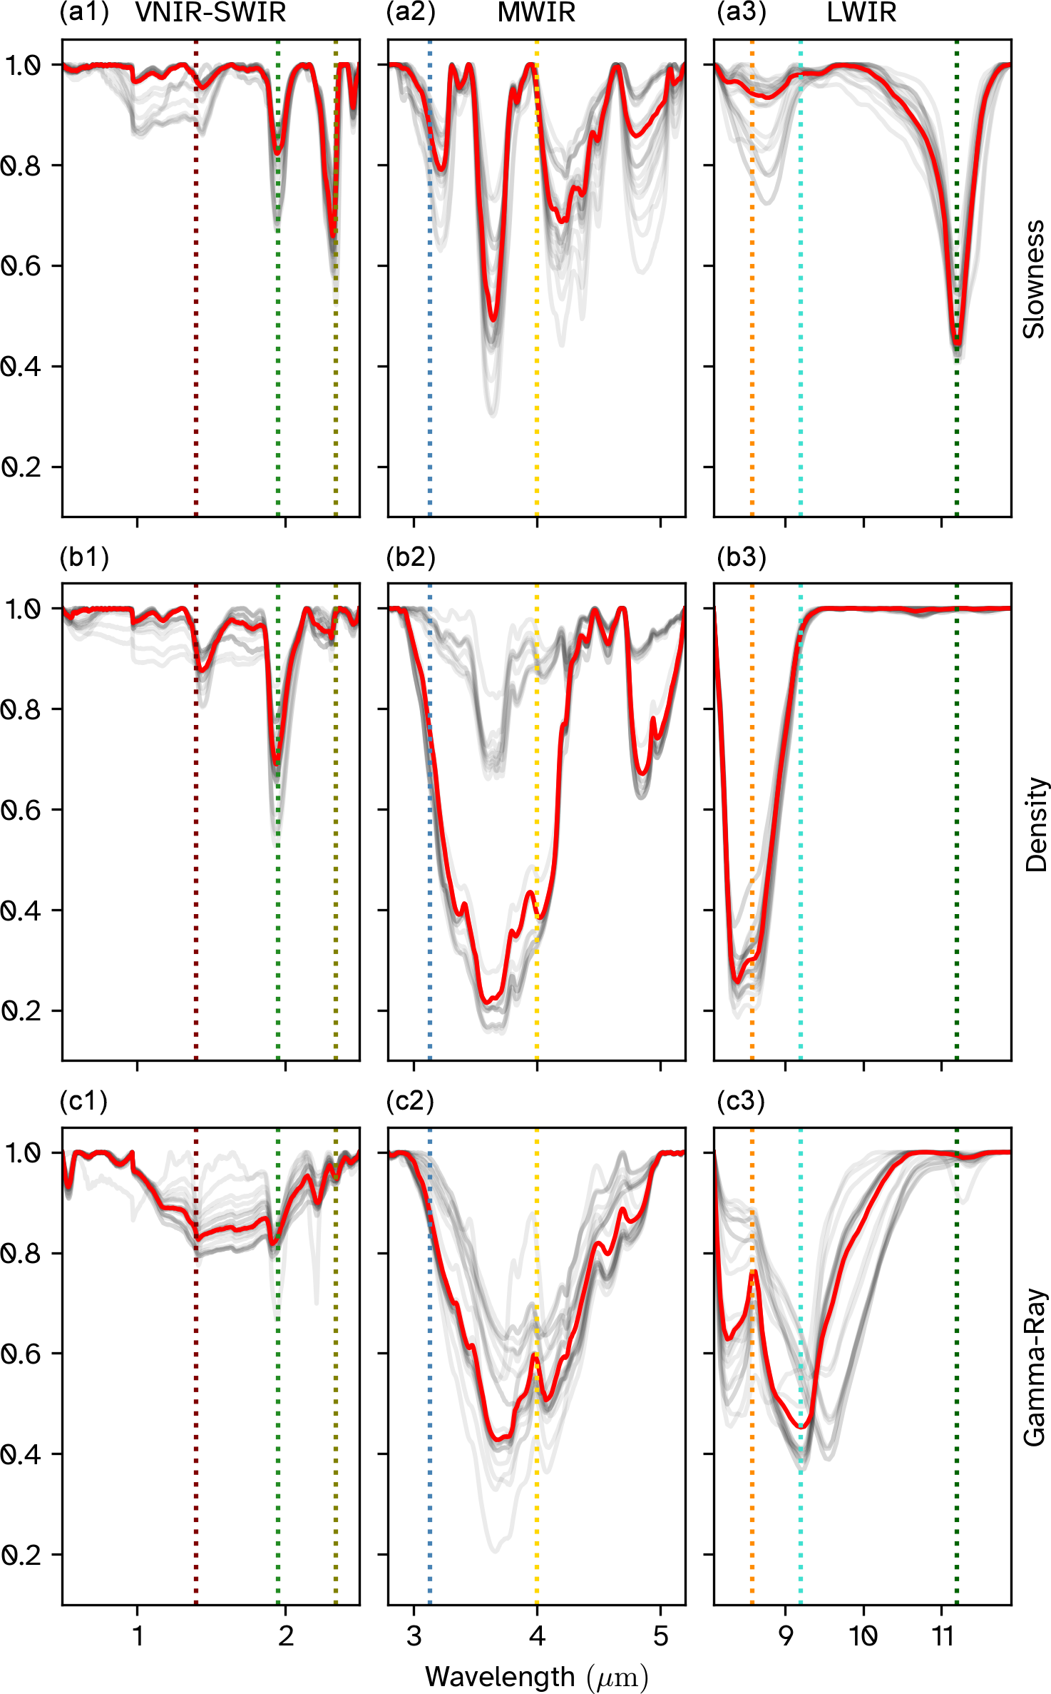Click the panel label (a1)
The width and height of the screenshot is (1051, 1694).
tap(84, 13)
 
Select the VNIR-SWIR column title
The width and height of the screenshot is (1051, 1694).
tap(210, 13)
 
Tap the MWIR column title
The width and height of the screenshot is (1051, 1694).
tap(536, 13)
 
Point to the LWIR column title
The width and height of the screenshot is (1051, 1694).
tap(861, 13)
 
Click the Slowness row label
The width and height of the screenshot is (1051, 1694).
tap(1034, 279)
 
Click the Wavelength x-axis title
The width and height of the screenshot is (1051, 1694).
tap(536, 1677)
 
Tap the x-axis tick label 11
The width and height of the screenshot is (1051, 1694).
tap(943, 1635)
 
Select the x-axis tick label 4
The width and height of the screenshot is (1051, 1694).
tap(537, 1635)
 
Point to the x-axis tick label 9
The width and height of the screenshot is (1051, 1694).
tap(785, 1635)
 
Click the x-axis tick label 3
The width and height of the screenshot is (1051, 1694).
tap(414, 1635)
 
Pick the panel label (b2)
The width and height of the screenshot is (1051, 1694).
tap(411, 557)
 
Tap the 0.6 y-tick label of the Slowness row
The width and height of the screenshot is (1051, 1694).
tap(21, 266)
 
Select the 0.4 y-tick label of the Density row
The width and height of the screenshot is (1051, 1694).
tap(21, 911)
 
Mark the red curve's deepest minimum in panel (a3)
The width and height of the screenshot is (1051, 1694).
tap(957, 344)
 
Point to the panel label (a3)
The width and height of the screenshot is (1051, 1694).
tap(742, 13)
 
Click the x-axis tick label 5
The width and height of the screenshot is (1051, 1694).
tap(661, 1635)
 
